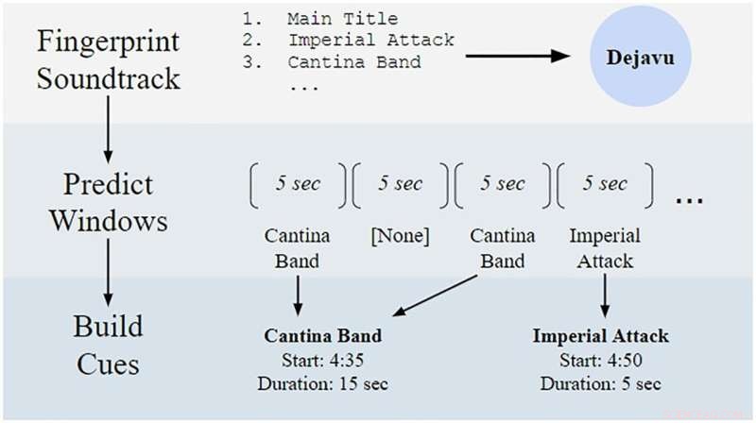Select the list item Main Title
342,19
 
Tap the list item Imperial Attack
370,41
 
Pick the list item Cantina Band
354,62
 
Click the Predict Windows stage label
109,201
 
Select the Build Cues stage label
108,346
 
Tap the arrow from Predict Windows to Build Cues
108,274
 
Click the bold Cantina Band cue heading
321,336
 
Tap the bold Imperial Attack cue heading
600,336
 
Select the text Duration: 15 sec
321,383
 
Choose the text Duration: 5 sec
600,383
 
